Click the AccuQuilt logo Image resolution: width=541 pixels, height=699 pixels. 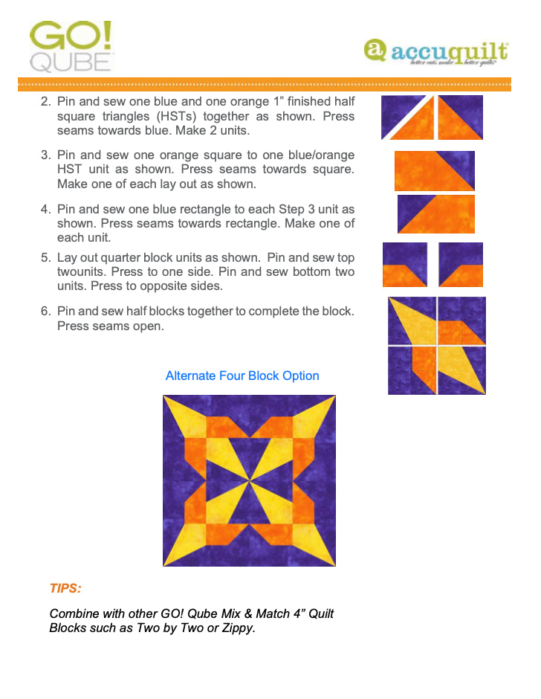pos(436,52)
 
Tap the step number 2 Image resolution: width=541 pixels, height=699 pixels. pos(45,102)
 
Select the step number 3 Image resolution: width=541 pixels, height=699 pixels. pos(45,155)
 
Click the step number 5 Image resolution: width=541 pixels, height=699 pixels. pos(45,258)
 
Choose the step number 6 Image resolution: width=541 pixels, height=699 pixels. pos(45,312)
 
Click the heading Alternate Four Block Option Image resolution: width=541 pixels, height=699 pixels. pos(242,376)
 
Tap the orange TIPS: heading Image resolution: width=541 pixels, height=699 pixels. pos(65,588)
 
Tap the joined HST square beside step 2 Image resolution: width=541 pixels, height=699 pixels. pos(460,117)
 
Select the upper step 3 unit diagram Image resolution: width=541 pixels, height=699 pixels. pos(435,170)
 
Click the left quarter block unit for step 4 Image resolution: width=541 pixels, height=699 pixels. pos(405,265)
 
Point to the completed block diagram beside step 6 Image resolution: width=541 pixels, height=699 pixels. pos(437,345)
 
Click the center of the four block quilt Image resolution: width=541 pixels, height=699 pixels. pos(249,480)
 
